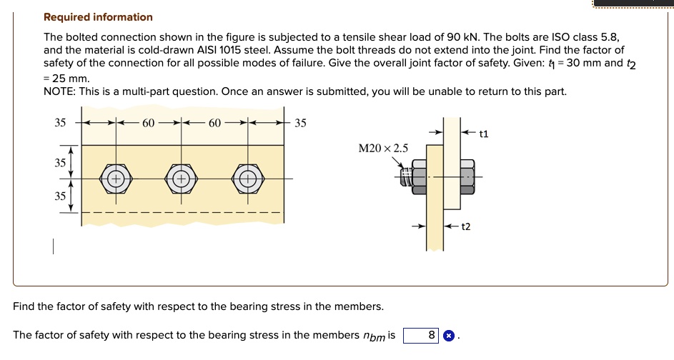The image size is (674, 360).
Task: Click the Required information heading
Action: pos(98,17)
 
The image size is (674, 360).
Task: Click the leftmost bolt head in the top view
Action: pos(116,179)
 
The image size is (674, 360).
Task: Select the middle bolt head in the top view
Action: pos(182,179)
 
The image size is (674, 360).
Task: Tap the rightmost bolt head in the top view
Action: pos(248,179)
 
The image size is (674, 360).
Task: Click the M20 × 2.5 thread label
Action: pos(383,149)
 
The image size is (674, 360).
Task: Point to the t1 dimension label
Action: pos(484,134)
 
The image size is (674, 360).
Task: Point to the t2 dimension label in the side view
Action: pos(466,226)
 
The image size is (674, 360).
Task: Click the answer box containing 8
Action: pos(421,336)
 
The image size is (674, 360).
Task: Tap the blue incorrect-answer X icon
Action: pos(448,336)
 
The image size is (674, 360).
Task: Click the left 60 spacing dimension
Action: pos(148,124)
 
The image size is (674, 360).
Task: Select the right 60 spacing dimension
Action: pos(214,124)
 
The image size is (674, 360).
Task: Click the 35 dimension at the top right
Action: pos(300,124)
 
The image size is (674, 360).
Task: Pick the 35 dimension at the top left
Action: pos(60,123)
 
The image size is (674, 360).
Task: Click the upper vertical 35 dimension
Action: pos(60,163)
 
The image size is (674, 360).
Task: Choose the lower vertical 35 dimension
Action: pos(60,196)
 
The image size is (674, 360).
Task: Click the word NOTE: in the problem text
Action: pos(59,91)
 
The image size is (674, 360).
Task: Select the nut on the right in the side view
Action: pos(467,176)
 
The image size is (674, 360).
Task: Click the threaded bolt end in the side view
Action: pos(406,177)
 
